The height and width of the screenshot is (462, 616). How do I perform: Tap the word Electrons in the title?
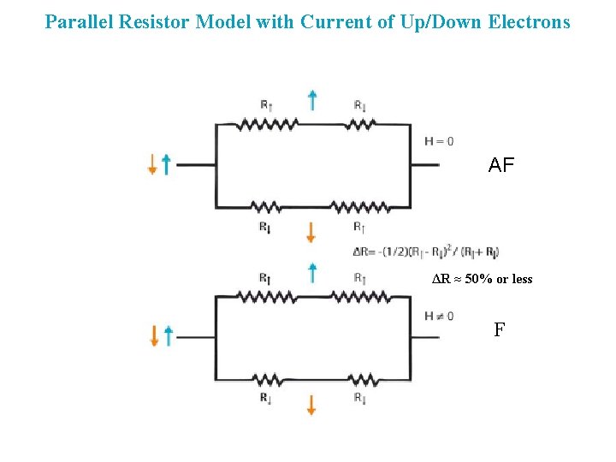coord(529,21)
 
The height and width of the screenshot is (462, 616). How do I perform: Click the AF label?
coord(501,165)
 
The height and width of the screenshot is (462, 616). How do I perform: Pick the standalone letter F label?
coord(499,329)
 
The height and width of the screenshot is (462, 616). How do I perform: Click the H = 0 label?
coord(439,141)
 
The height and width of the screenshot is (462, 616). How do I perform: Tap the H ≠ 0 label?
coord(439,316)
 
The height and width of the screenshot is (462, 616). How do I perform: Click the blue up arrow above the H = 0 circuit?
coord(313,101)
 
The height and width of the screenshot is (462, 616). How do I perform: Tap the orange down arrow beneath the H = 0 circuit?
coord(311,231)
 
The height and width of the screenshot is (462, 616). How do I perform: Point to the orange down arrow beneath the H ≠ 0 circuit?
coord(311,405)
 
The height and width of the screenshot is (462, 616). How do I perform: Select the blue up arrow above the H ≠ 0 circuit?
coord(313,273)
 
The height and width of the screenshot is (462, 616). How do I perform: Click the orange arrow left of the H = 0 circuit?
coord(152,164)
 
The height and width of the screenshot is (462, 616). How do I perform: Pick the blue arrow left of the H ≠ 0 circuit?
coord(168,336)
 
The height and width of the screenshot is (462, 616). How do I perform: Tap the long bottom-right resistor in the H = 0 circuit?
coord(360,207)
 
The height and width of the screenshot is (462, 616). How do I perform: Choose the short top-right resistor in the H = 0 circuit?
coord(361,124)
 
